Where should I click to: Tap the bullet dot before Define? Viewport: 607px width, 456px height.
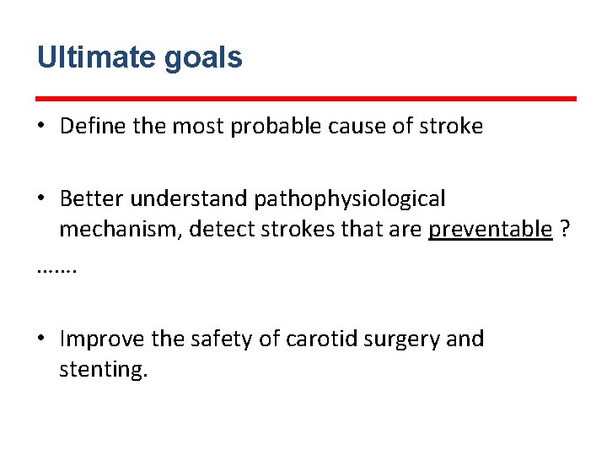(41, 128)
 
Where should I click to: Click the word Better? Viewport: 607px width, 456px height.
(92, 199)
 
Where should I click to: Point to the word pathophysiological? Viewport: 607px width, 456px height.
(350, 200)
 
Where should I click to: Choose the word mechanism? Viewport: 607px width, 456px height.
(119, 230)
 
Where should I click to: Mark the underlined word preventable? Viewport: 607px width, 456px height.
(491, 230)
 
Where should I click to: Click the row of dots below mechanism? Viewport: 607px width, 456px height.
(57, 270)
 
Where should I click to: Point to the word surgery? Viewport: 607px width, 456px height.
(400, 340)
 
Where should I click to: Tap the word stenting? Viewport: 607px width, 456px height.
(103, 370)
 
